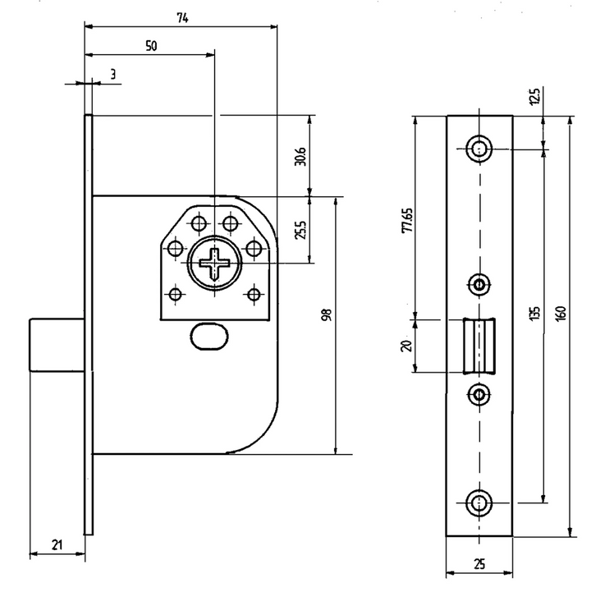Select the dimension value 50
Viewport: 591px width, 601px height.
[151, 46]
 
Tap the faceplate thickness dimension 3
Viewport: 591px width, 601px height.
[112, 75]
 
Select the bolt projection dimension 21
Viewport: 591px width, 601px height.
[57, 544]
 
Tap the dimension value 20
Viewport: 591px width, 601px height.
[405, 346]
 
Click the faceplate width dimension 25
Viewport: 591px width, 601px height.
[479, 564]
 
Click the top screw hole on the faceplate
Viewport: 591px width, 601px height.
[479, 149]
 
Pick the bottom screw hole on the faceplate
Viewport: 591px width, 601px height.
[479, 502]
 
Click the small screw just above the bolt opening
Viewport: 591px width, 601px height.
[479, 284]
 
